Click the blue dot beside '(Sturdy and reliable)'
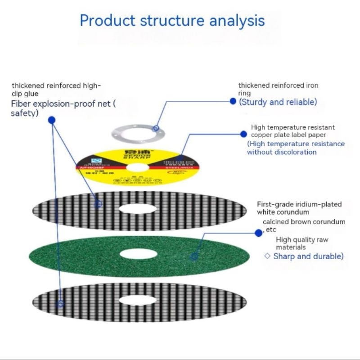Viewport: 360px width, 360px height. [x=233, y=101]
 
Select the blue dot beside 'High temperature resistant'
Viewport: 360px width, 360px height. [x=243, y=134]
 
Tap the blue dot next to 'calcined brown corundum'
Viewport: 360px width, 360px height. [x=258, y=233]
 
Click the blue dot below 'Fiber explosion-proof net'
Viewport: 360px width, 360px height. [x=52, y=120]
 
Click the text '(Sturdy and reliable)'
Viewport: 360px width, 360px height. [x=278, y=102]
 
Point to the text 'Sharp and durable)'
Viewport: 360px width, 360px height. [x=308, y=256]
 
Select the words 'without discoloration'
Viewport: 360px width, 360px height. [x=282, y=152]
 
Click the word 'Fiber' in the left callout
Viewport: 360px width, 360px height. [x=21, y=104]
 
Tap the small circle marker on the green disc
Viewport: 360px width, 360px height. [x=194, y=257]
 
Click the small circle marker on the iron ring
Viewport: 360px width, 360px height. [x=156, y=129]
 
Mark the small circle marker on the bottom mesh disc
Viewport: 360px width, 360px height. [x=60, y=304]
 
